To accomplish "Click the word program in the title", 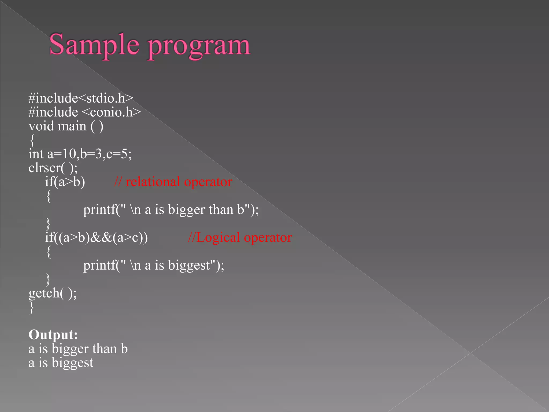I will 199,46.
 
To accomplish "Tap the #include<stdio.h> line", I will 81,98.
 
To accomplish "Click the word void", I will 41,126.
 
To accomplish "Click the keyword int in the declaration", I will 36,154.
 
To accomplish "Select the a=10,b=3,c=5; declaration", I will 90,154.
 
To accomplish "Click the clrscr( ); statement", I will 53,168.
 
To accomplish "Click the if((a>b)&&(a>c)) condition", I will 97,238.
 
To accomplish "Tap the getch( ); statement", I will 53,293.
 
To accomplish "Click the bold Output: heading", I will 53,335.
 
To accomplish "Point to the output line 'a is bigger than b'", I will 78,349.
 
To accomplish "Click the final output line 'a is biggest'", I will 61,363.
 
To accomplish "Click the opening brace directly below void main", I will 32,140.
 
